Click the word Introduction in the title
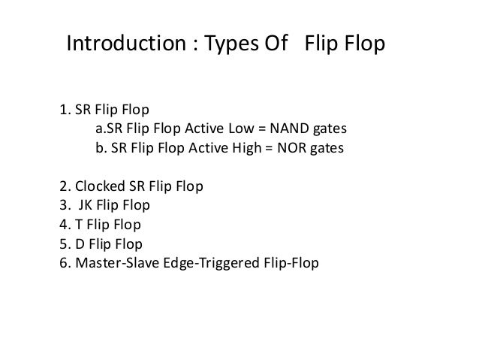pyautogui.click(x=116, y=44)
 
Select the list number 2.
pyautogui.click(x=62, y=186)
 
